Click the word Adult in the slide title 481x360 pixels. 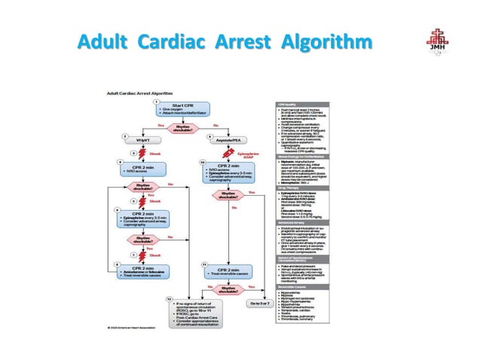(x=106, y=41)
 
